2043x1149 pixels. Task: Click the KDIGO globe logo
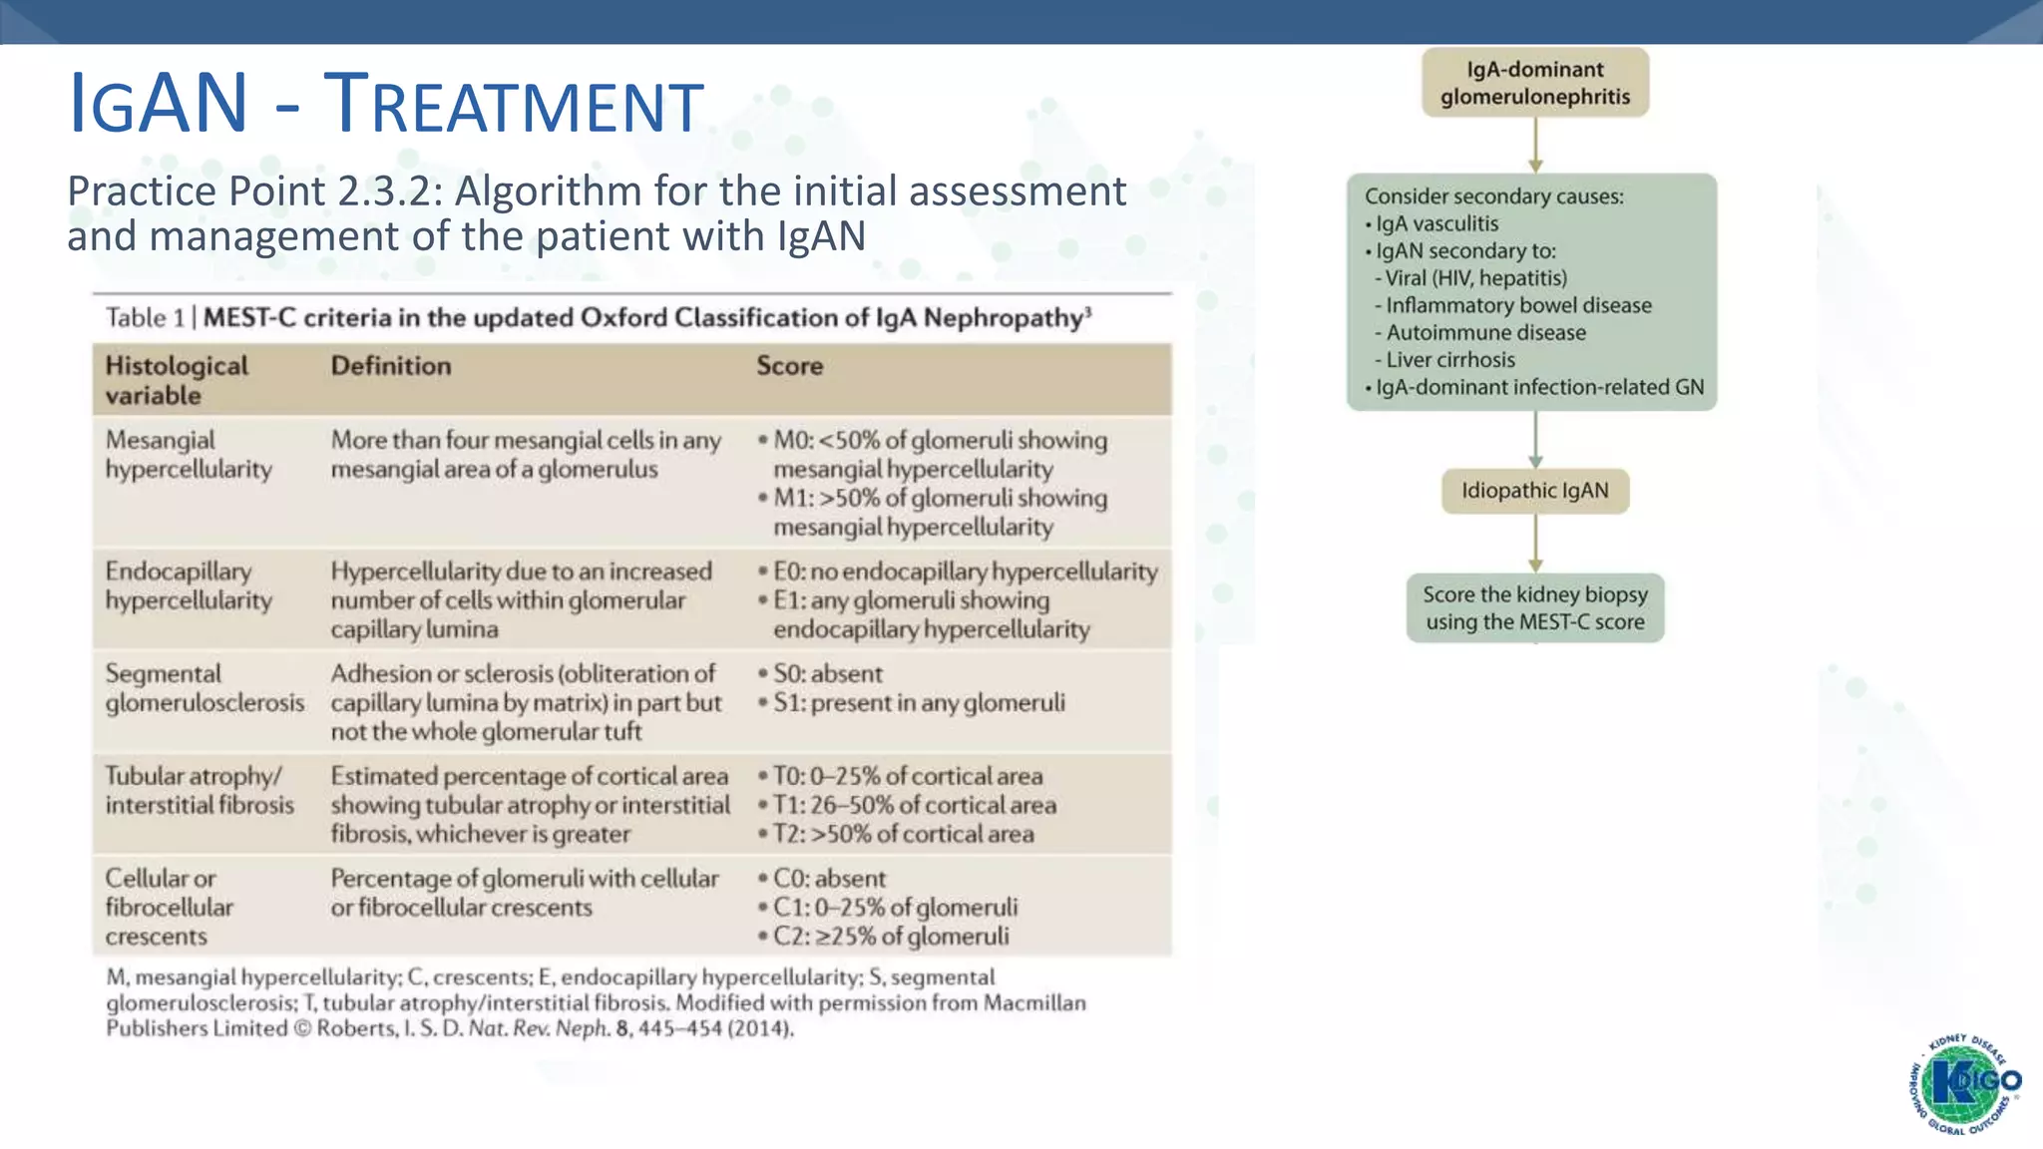click(x=1964, y=1084)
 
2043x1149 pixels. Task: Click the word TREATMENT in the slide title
click(x=515, y=105)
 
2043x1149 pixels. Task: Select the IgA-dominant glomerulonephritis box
click(x=1534, y=83)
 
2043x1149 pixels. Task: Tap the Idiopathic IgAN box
click(x=1534, y=491)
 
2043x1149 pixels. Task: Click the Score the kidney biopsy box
click(x=1534, y=607)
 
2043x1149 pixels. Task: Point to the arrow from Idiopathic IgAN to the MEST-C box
click(x=1535, y=543)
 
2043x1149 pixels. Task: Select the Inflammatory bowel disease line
click(x=1517, y=305)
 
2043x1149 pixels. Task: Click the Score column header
click(x=789, y=366)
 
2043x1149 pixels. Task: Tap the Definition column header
click(x=391, y=366)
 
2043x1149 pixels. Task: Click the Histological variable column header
click(x=177, y=380)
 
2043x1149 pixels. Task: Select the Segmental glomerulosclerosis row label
click(x=204, y=688)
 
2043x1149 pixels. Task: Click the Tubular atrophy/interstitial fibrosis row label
click(x=200, y=790)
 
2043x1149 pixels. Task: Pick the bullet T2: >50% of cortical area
click(x=903, y=834)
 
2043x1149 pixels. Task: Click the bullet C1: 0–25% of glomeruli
click(x=895, y=908)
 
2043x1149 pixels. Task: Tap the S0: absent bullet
click(x=827, y=674)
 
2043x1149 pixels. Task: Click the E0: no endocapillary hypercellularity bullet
click(x=964, y=572)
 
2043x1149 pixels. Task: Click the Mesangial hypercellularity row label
click(x=189, y=455)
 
